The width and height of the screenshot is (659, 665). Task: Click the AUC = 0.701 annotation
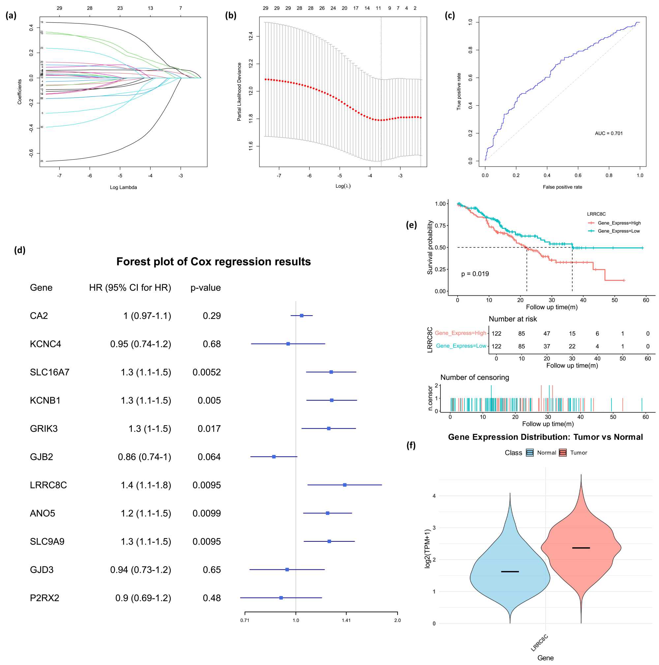pos(609,133)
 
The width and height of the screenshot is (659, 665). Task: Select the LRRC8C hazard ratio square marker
pos(344,485)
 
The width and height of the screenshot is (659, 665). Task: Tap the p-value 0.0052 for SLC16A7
pos(206,372)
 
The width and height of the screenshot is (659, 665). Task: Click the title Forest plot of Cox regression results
pos(213,261)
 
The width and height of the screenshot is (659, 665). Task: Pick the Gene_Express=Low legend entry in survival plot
pos(618,231)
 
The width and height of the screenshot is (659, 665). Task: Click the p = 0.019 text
pos(475,274)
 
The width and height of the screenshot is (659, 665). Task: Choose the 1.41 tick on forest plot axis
pos(346,620)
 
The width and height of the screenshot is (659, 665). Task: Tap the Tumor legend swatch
pos(563,453)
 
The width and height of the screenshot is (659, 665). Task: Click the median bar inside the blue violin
pos(510,572)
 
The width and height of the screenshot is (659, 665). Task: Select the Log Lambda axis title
pos(123,187)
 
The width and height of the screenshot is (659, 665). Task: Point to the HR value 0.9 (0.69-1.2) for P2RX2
pos(143,598)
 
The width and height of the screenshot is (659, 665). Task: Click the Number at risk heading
pos(513,319)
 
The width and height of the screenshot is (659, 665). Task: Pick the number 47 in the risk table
pos(547,334)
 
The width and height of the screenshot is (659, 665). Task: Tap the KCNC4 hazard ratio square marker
pos(288,344)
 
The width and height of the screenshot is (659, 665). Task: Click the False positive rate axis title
pos(562,187)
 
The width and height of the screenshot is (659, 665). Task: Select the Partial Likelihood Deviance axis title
pos(239,92)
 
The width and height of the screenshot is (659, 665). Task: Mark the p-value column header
pos(205,287)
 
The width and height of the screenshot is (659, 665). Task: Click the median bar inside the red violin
pos(581,548)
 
